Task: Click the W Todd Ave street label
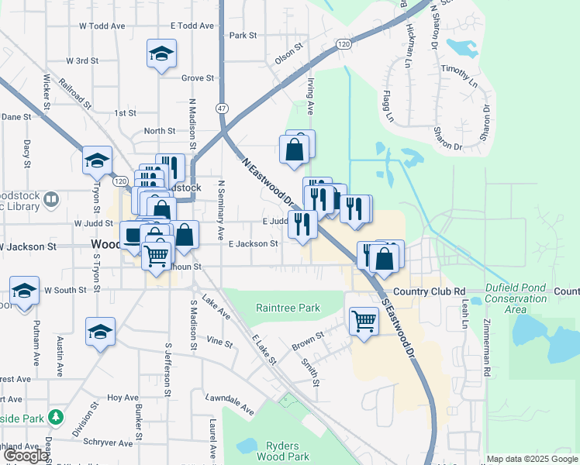click(102, 26)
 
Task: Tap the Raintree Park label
click(288, 308)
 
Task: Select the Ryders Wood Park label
click(288, 450)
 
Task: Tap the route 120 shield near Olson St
click(344, 45)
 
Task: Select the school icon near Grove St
click(161, 54)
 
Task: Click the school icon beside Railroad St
click(97, 160)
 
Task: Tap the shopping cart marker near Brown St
click(363, 319)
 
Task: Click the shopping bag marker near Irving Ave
click(295, 150)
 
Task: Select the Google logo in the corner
click(26, 456)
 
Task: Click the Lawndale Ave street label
click(230, 404)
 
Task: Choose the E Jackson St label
click(253, 243)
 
